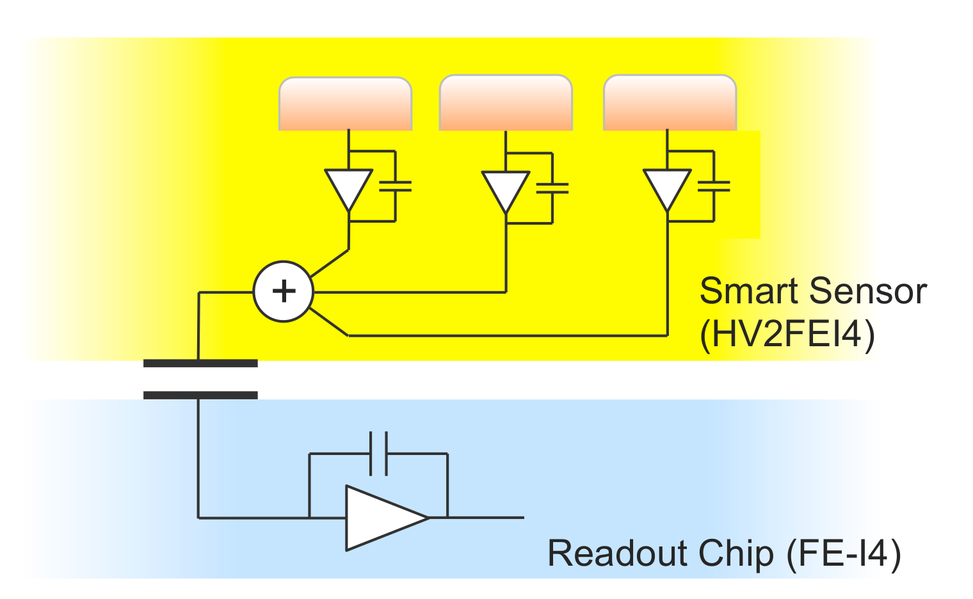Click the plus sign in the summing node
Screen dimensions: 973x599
(284, 291)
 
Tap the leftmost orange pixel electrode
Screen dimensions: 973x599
(345, 104)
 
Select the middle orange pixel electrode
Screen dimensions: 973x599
(506, 102)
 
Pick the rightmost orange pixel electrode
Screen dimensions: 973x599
(670, 102)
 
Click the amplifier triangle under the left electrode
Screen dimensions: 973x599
(348, 188)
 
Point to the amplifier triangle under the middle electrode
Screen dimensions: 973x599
(506, 190)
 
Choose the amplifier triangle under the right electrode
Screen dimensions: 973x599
(667, 188)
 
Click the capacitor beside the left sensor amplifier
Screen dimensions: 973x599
(396, 186)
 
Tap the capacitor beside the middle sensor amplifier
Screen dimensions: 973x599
(552, 188)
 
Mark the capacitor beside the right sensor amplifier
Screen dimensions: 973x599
(714, 186)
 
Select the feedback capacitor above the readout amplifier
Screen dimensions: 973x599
(378, 454)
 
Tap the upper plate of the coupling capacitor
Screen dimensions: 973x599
(201, 363)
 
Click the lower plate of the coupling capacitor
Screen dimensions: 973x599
(201, 395)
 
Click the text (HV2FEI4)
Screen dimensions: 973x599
(787, 335)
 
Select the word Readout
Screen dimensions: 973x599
(617, 553)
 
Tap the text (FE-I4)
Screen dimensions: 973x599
(844, 554)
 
